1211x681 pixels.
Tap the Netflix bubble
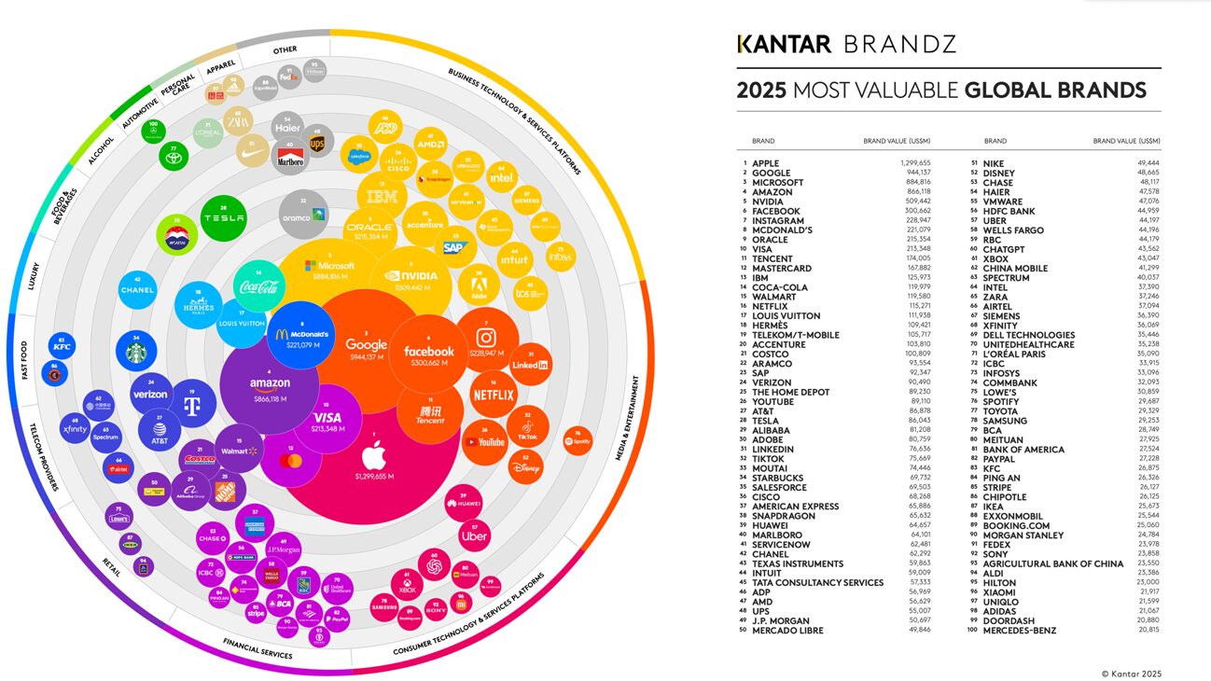tap(494, 395)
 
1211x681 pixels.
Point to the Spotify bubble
tap(578, 440)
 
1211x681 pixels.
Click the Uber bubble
tap(475, 535)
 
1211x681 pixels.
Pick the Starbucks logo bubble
tap(138, 351)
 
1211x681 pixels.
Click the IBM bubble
tap(382, 197)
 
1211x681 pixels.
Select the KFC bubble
tap(63, 347)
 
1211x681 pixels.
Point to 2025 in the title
tap(759, 90)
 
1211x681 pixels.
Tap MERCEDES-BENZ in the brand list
tap(1020, 631)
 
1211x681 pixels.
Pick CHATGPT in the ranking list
tap(1003, 249)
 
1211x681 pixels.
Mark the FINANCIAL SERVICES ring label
tap(258, 649)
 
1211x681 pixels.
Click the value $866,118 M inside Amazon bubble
tap(270, 398)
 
